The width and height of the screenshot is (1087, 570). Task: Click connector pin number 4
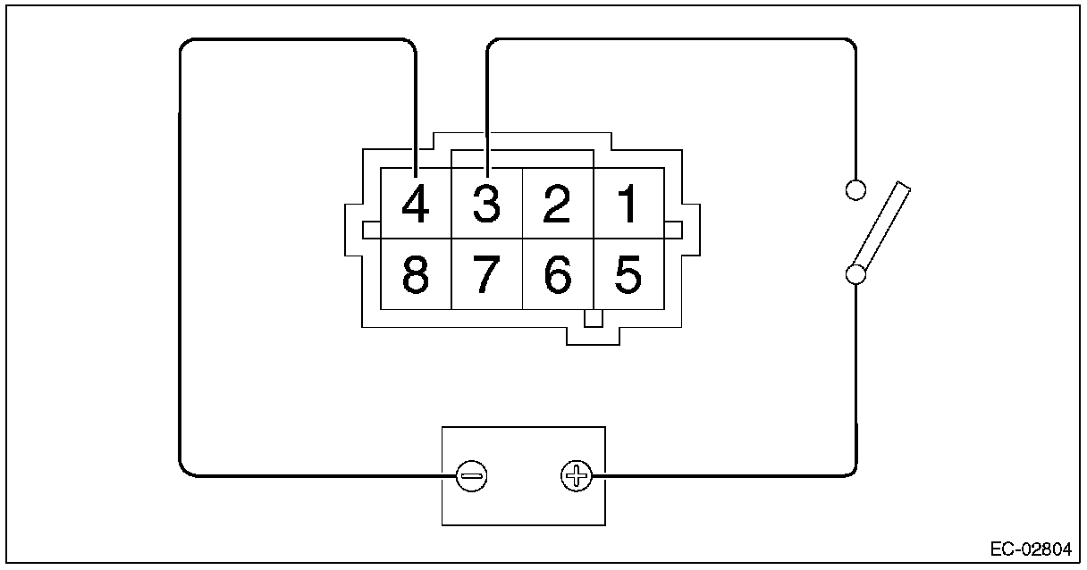pyautogui.click(x=416, y=204)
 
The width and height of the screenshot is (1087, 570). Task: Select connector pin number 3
pyautogui.click(x=486, y=204)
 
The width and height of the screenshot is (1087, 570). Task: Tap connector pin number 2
pyautogui.click(x=557, y=204)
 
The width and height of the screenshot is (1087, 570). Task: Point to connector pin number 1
pyautogui.click(x=628, y=204)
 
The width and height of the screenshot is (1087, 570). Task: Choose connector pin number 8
pyautogui.click(x=416, y=275)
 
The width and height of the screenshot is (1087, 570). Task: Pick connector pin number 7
pyautogui.click(x=486, y=275)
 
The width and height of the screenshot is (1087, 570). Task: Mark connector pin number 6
pyautogui.click(x=557, y=275)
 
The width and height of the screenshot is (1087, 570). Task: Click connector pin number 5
pyautogui.click(x=628, y=275)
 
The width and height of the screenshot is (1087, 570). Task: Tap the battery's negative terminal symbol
pyautogui.click(x=471, y=476)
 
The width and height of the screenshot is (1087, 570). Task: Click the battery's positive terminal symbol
pyautogui.click(x=577, y=476)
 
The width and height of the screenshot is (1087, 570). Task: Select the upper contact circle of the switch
pyautogui.click(x=855, y=189)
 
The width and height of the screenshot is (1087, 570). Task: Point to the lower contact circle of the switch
pyautogui.click(x=855, y=273)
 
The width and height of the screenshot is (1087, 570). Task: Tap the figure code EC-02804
pyautogui.click(x=1031, y=549)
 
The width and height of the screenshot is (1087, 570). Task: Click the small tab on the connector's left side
pyautogui.click(x=372, y=231)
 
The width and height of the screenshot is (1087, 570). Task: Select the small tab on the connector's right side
pyautogui.click(x=673, y=231)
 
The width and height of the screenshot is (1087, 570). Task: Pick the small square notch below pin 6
pyautogui.click(x=593, y=318)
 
